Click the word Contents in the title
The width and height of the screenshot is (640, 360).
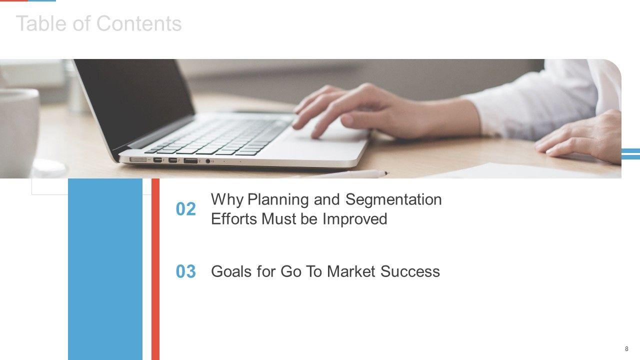(139, 23)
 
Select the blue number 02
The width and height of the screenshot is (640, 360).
(185, 209)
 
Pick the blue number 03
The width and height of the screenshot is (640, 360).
(185, 271)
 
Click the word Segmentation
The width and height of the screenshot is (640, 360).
(393, 200)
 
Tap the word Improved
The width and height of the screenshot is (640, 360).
(355, 219)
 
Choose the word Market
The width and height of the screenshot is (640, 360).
(351, 271)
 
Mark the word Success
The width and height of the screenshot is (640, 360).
(410, 271)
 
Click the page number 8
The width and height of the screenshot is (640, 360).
(626, 349)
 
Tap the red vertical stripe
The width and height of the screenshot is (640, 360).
(155, 269)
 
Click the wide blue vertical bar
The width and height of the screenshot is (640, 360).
(105, 269)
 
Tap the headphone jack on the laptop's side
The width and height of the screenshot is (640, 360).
(208, 161)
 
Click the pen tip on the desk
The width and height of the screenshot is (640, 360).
(386, 173)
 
